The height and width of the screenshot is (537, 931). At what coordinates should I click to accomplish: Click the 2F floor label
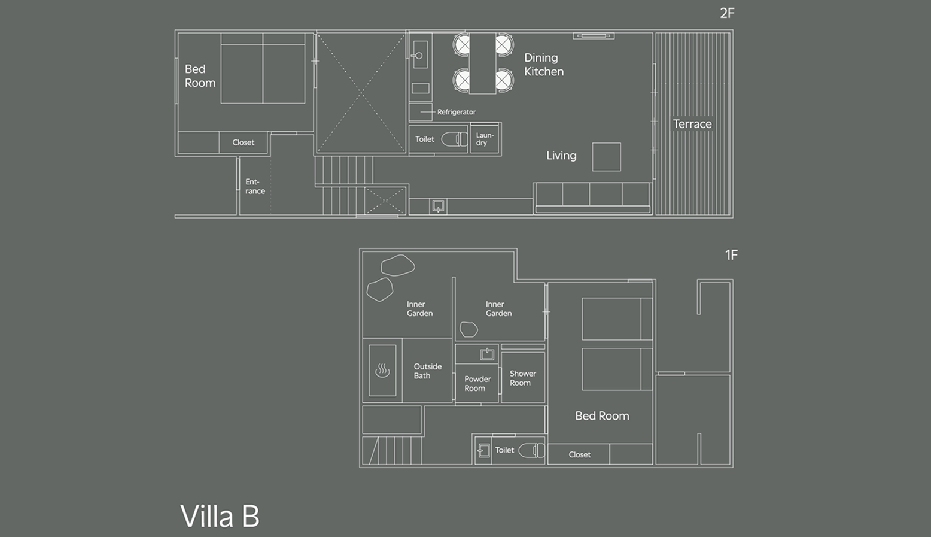tap(728, 13)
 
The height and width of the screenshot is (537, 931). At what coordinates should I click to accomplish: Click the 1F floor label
tap(732, 255)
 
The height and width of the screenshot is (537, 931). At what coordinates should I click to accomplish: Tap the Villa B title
tap(220, 516)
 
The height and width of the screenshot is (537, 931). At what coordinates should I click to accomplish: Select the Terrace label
tap(692, 124)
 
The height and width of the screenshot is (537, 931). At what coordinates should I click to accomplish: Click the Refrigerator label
tap(457, 112)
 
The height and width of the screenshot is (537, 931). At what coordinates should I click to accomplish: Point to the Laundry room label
tap(485, 139)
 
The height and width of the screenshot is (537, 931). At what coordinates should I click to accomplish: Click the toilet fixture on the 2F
tap(455, 139)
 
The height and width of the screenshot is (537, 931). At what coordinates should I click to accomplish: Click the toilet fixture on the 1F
tap(531, 450)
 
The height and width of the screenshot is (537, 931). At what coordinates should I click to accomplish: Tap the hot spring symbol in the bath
tap(382, 371)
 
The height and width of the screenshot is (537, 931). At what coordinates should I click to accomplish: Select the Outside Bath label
tap(428, 371)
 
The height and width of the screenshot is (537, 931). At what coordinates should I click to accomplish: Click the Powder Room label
tap(477, 384)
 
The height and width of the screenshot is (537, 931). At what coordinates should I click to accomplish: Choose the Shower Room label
tap(523, 378)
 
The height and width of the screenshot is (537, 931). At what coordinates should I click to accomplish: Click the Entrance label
tap(255, 186)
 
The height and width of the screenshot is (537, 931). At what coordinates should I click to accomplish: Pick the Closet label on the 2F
tap(243, 142)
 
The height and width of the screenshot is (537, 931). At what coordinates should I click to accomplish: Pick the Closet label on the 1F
tap(579, 454)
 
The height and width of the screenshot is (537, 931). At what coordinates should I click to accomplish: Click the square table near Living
tap(606, 157)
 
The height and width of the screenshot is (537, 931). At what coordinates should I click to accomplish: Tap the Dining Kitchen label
tap(544, 65)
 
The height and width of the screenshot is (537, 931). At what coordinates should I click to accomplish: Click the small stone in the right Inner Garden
tap(468, 329)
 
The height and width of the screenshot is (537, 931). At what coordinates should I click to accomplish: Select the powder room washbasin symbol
tap(486, 354)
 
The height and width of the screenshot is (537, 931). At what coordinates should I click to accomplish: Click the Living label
tap(561, 156)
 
